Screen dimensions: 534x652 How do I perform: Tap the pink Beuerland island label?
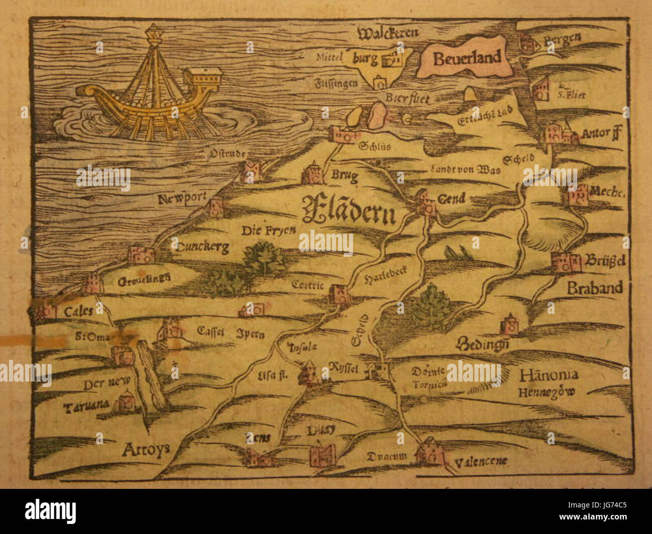coord(466,58)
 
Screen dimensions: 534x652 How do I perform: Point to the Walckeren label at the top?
coord(388,34)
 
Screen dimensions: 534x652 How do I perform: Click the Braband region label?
coord(595,287)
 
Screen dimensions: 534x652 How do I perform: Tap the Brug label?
coord(345,176)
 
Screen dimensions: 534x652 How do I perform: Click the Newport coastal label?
coord(182,200)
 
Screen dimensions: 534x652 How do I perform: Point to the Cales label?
coord(78,311)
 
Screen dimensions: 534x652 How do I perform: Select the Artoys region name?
coord(145,450)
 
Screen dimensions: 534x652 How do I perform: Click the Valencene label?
coord(481,461)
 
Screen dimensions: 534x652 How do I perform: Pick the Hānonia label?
coord(549,375)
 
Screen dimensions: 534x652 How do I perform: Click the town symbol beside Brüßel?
coord(566,262)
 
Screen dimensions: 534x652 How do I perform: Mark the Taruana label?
coord(86,406)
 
